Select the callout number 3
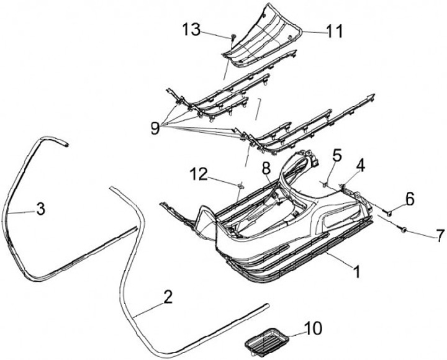click(x=40, y=209)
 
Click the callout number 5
click(x=337, y=155)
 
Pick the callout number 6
click(x=410, y=199)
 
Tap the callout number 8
click(x=266, y=168)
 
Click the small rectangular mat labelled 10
click(x=266, y=340)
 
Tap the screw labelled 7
click(x=404, y=230)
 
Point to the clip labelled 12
click(x=239, y=185)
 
